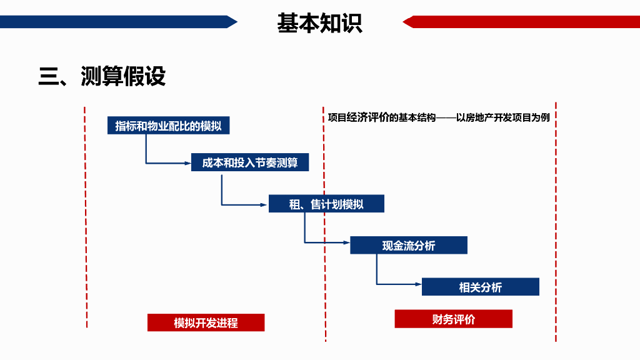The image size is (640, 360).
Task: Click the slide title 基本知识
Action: point(319,23)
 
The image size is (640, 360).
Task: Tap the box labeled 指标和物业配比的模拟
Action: point(168,126)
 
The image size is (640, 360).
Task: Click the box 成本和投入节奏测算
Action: point(250,163)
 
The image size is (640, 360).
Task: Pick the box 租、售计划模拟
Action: point(326,204)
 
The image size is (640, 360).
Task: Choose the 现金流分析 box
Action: point(409,246)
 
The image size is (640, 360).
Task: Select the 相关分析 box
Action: point(480,287)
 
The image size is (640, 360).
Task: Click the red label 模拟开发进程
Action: point(206,322)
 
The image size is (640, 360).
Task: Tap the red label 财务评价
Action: point(453,319)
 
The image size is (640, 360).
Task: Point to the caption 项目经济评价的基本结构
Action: point(381,117)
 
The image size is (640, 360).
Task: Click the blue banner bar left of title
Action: point(112,22)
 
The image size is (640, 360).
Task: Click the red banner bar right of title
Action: point(525,22)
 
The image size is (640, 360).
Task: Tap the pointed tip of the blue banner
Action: point(236,22)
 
